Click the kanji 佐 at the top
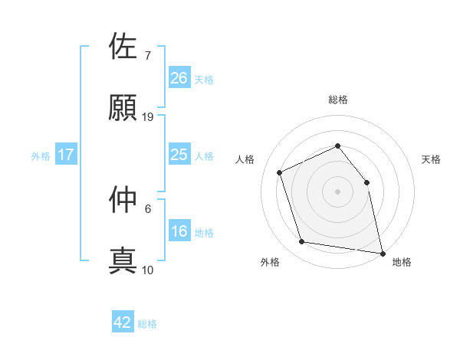tap(123, 46)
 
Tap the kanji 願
tap(123, 106)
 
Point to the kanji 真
tap(123, 260)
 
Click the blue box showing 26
tap(179, 78)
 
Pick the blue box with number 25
tap(179, 155)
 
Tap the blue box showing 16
tap(179, 232)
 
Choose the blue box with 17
tap(66, 155)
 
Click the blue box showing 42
tap(123, 322)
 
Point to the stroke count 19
tap(149, 117)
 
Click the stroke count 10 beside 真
tap(149, 270)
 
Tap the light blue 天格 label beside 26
tap(204, 80)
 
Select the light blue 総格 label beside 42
tap(148, 324)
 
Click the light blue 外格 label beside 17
tap(41, 156)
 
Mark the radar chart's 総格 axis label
tap(337, 100)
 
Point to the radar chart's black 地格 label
tap(402, 262)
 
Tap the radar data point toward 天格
tap(366, 182)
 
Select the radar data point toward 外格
tap(302, 242)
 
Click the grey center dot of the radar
tap(337, 191)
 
